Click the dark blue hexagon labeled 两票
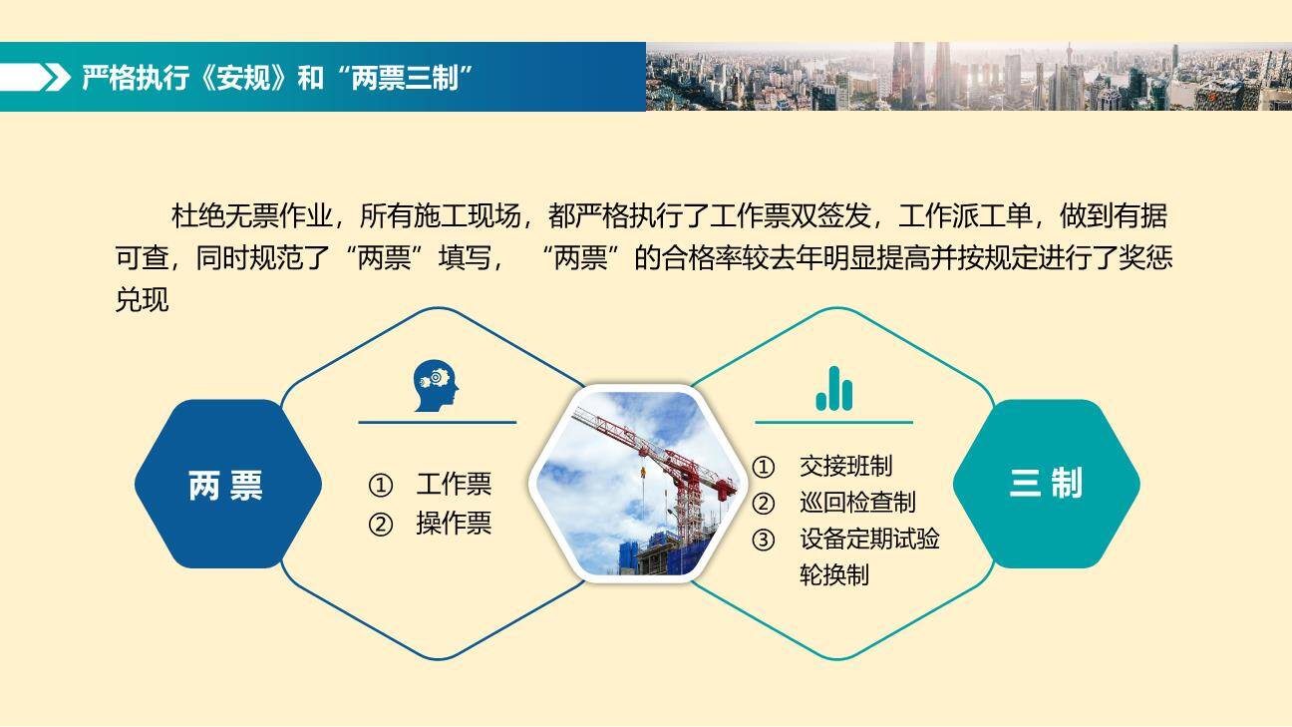click(x=227, y=485)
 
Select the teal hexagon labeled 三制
click(x=1046, y=485)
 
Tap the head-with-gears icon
click(x=437, y=387)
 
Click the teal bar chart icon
click(x=834, y=389)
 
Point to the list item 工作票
click(x=454, y=485)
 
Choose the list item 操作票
click(x=454, y=524)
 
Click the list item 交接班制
click(x=845, y=466)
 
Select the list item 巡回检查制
click(x=857, y=503)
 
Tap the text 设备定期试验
click(x=869, y=540)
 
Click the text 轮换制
click(x=834, y=575)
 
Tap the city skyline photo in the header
click(x=967, y=76)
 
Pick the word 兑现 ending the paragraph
click(x=143, y=300)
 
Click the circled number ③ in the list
click(x=763, y=541)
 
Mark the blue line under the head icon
click(x=437, y=423)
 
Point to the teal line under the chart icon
click(x=833, y=423)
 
